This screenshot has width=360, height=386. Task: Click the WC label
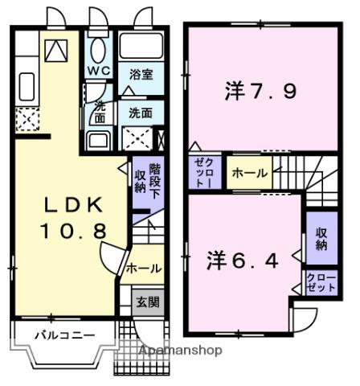coord(98,69)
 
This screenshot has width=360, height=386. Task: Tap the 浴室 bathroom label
coord(142,75)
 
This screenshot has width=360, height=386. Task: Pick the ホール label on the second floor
coord(250,173)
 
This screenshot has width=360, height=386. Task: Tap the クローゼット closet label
coord(321,282)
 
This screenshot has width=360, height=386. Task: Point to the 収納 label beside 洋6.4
coord(321,238)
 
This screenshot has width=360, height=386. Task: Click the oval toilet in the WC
coord(98,49)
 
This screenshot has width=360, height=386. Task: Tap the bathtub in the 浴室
coord(141,47)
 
